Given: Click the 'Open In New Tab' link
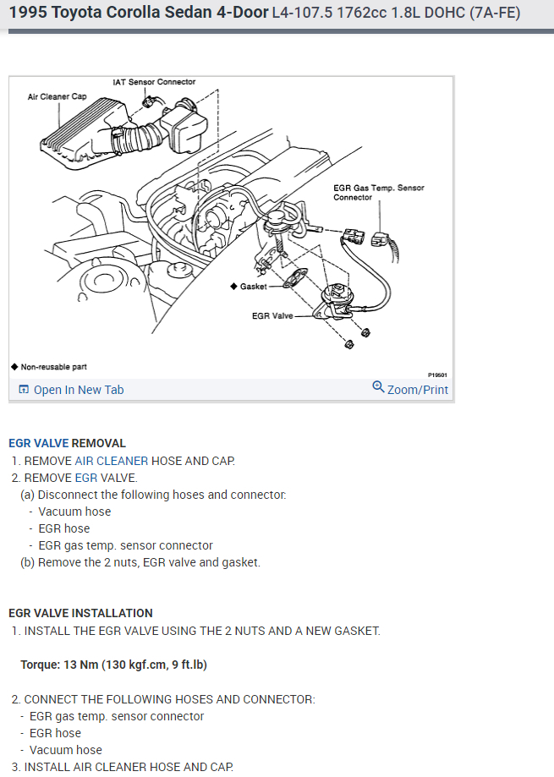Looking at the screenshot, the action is point(78,390).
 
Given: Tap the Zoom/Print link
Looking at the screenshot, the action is point(417,390).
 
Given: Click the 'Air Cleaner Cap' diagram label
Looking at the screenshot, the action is point(57,96).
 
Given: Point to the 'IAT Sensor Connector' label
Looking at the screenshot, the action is point(154,82).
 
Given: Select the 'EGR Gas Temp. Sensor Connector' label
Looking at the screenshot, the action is point(378,192).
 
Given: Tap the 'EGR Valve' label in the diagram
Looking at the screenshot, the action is point(272,316).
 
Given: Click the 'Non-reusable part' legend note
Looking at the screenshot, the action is point(52,367).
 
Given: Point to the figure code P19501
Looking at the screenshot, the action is point(436,373).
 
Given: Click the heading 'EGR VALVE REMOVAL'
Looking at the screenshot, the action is point(67,443).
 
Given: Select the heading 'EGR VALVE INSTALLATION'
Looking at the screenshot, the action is point(80,613).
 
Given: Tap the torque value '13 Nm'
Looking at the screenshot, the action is point(81,665).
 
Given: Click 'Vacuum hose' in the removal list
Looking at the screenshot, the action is point(74,512).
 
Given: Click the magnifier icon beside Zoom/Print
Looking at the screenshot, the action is point(378,387).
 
